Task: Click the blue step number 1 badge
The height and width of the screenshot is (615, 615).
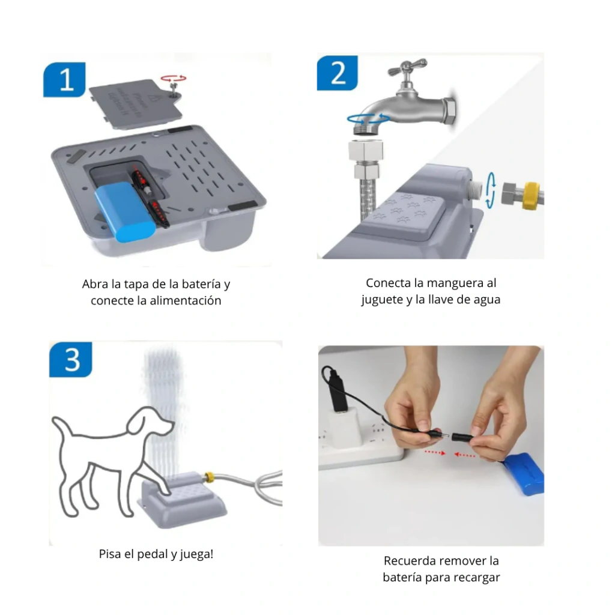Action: pyautogui.click(x=64, y=79)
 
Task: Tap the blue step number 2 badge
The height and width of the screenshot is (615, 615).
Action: pyautogui.click(x=338, y=73)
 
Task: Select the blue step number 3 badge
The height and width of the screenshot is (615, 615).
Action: pyautogui.click(x=71, y=359)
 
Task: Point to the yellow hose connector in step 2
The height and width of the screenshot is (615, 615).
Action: pyautogui.click(x=531, y=195)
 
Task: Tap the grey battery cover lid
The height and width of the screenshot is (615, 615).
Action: pyautogui.click(x=136, y=103)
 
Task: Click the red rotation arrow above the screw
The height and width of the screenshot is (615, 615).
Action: pyautogui.click(x=174, y=79)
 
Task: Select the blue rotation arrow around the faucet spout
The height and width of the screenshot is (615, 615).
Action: pyautogui.click(x=368, y=118)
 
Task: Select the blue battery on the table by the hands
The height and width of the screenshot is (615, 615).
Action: pyautogui.click(x=524, y=473)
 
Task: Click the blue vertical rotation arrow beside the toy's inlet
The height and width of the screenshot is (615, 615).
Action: pyautogui.click(x=491, y=190)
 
